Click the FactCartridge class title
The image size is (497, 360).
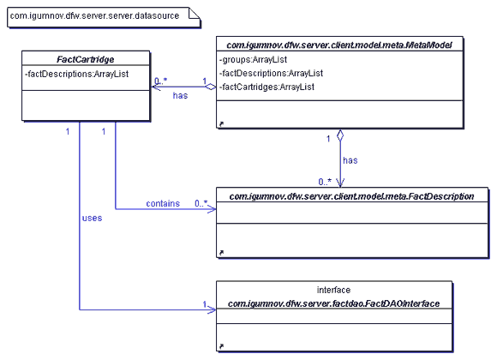coord(86,59)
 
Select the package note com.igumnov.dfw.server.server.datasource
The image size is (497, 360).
coord(104,17)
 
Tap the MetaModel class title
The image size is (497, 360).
coord(339,45)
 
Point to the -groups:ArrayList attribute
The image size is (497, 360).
coord(253,60)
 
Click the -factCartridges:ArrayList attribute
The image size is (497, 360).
coord(266,87)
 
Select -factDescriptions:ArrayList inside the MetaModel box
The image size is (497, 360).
coord(271,73)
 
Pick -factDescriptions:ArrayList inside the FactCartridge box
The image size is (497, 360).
coord(77,74)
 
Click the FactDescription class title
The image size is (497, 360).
coord(351,196)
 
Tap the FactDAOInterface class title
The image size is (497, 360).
coord(334,304)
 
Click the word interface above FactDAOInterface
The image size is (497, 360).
coord(334,290)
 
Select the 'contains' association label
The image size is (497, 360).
coord(163,204)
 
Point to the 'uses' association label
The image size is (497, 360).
coord(92,219)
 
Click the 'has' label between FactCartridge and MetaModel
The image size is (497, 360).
coord(180,95)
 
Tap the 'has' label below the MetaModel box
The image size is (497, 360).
coord(350,160)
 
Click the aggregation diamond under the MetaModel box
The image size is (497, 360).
coord(340,135)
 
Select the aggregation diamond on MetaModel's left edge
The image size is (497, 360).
coord(210,87)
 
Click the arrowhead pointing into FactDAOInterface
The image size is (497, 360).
coord(212,309)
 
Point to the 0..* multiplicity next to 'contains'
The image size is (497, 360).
coord(201,203)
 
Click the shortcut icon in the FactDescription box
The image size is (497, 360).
coord(221,253)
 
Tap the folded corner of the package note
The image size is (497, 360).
coord(194,14)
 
